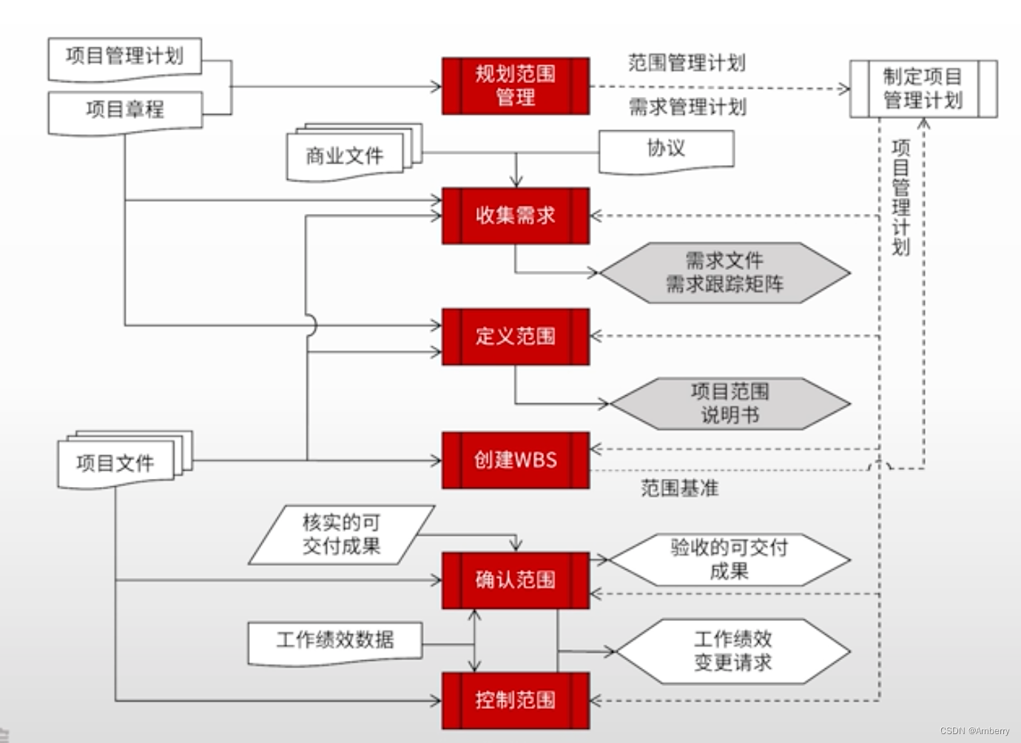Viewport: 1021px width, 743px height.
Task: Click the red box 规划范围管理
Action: click(516, 86)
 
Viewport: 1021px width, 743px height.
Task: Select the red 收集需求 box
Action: click(516, 215)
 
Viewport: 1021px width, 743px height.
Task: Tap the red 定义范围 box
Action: click(516, 337)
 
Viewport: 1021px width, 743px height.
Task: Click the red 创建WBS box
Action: click(516, 460)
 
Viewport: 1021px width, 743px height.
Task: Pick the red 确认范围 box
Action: click(516, 579)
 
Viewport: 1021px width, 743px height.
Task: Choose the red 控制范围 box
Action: click(516, 700)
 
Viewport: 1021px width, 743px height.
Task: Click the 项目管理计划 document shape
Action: click(124, 57)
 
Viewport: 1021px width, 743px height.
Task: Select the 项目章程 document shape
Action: click(124, 110)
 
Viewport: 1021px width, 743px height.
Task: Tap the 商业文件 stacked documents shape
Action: click(345, 156)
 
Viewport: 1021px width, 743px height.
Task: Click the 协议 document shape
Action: click(666, 149)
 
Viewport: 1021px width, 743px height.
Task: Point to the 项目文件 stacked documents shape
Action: click(115, 463)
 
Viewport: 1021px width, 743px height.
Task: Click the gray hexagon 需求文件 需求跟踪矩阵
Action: click(724, 272)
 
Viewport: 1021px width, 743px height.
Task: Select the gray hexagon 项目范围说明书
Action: click(729, 403)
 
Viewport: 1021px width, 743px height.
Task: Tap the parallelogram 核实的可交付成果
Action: click(341, 534)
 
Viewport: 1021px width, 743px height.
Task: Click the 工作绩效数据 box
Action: click(335, 640)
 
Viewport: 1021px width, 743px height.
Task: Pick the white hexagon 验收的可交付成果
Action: click(729, 559)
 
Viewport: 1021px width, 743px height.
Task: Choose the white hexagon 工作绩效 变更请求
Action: click(732, 650)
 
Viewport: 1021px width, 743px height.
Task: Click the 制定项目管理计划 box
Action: click(923, 89)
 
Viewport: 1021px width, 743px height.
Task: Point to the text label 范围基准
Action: click(679, 488)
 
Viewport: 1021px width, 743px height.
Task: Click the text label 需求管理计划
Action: click(687, 107)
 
